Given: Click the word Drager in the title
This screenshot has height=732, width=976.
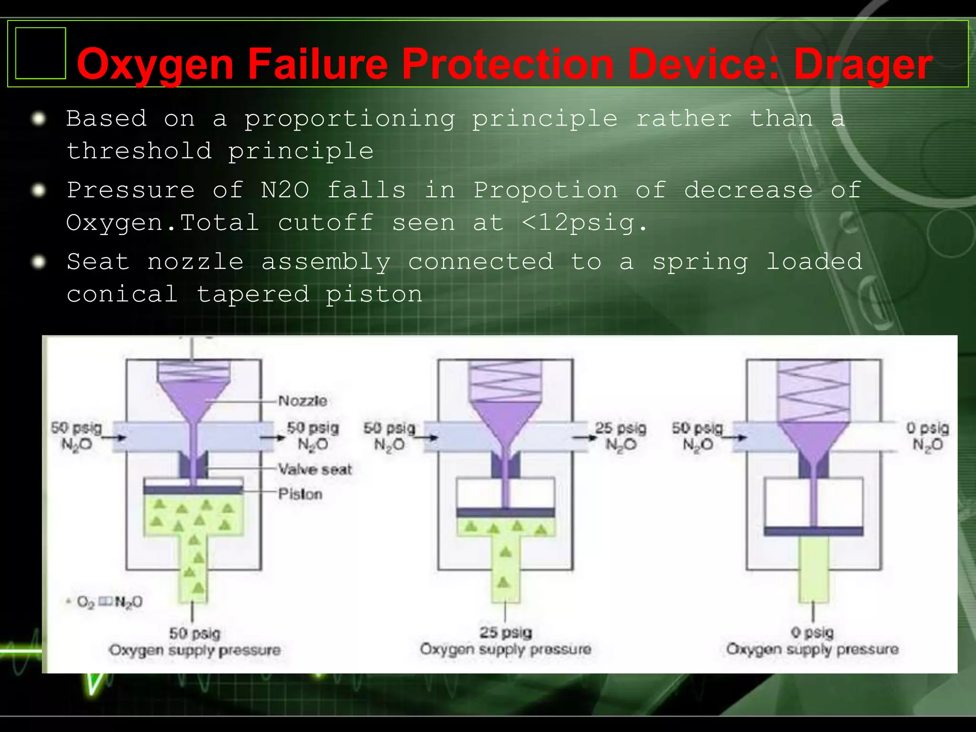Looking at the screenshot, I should [863, 64].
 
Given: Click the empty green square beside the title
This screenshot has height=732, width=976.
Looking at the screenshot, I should [41, 53].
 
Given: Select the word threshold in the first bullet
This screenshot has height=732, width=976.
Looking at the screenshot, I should [139, 151].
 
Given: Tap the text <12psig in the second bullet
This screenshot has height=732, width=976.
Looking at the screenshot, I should [584, 223].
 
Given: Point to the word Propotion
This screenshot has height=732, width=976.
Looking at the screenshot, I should [546, 190].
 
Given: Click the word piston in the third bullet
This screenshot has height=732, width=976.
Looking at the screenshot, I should [374, 294].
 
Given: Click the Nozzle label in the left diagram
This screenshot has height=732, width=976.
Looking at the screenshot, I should [303, 401].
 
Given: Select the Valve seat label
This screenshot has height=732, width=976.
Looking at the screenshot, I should [315, 469].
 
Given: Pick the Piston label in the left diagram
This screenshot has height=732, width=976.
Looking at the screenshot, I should [300, 494].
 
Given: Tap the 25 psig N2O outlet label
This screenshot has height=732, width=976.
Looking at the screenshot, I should [620, 436].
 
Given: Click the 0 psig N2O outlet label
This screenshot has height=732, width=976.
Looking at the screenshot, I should [927, 436].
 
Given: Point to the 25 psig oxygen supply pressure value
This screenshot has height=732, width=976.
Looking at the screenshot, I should [505, 632].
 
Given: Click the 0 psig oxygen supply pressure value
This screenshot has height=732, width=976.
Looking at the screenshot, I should [812, 632].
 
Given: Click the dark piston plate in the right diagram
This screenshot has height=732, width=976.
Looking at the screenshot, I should [813, 531].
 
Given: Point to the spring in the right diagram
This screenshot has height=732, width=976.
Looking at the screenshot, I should [813, 391].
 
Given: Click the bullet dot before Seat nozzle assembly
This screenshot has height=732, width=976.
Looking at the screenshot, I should [38, 262].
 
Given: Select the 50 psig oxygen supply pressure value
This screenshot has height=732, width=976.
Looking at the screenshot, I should [194, 633].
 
